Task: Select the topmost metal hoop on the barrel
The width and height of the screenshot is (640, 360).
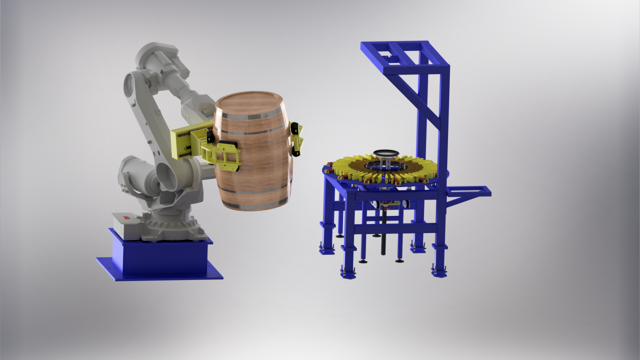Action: pyautogui.click(x=248, y=116)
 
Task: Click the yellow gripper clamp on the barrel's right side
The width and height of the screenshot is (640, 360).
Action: pyautogui.click(x=297, y=137)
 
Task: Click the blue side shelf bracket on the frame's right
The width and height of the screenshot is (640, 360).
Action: pyautogui.click(x=467, y=192)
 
